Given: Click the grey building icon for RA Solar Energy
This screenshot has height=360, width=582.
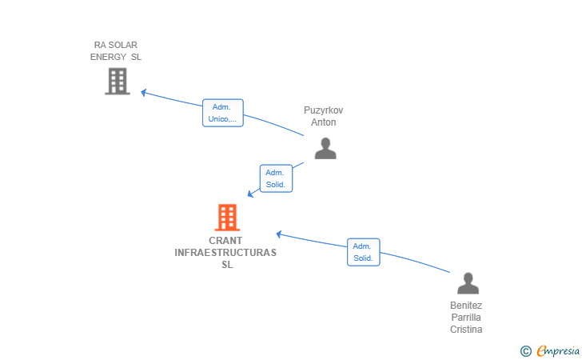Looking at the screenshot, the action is coord(118,81).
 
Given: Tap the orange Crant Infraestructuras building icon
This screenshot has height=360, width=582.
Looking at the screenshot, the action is coord(227,218).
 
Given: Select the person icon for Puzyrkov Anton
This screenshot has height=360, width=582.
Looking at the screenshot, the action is coord(325,148).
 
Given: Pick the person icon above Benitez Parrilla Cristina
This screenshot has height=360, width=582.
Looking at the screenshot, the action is coord(468,283).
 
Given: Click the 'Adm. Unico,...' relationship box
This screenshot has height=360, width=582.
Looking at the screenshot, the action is coord(223,113).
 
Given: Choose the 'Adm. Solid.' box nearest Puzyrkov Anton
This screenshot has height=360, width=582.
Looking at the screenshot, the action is coord(276,178).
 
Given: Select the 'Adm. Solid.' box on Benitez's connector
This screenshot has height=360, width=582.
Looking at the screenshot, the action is coord(364,252).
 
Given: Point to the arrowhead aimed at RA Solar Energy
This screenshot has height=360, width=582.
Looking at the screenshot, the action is coord(143,92).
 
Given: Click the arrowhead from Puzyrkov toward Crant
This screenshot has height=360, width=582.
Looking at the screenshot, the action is coord(250,194).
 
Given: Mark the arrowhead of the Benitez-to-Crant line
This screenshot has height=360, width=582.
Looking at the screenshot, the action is coord(279,234).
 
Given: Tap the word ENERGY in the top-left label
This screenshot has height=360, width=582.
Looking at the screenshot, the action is coord(109,57).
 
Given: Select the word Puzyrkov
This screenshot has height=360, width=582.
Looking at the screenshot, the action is coord(323,110).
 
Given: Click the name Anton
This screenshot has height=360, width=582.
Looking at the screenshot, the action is coord(324,122).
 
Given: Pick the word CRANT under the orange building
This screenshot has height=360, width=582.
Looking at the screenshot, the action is coord(225,240).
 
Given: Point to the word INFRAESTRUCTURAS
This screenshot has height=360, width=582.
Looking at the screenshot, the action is coord(225,253).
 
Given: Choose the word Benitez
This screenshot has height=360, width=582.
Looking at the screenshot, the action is coord(466,306).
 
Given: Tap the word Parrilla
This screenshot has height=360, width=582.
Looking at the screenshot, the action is coord(466,318).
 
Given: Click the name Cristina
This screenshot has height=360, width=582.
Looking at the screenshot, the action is coord(466,330).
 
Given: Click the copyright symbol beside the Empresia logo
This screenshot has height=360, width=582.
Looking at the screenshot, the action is coord(525,351).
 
